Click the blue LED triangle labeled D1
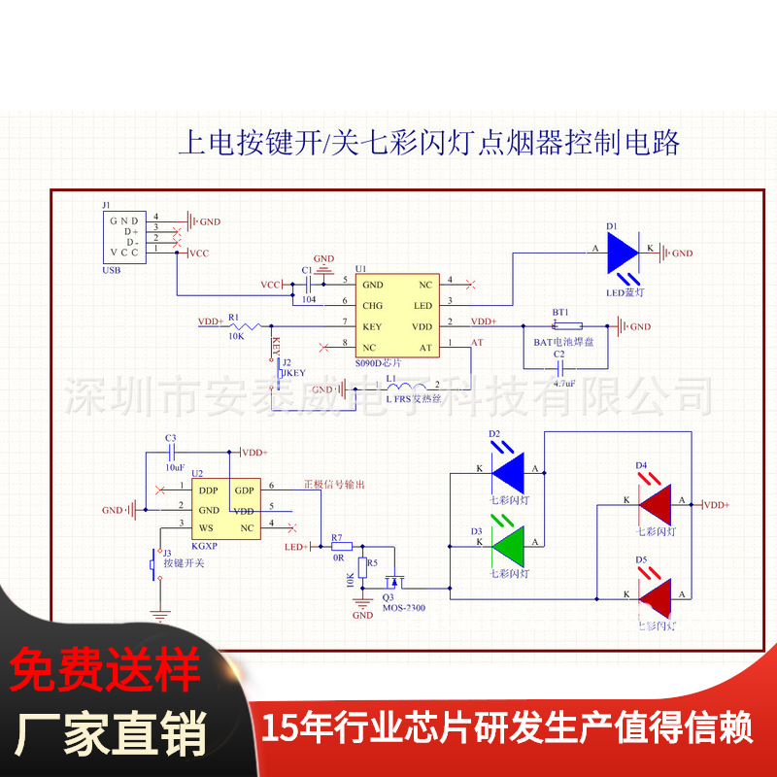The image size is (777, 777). point(622,252)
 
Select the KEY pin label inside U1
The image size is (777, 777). point(372,325)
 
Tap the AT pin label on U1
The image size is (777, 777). point(424,347)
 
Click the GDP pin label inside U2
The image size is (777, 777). point(243,489)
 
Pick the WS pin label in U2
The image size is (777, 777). point(206,527)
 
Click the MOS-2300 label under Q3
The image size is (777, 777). point(403,609)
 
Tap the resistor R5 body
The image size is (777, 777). point(361,566)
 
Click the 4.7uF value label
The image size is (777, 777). point(565,384)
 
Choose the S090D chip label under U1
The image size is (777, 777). point(376,363)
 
